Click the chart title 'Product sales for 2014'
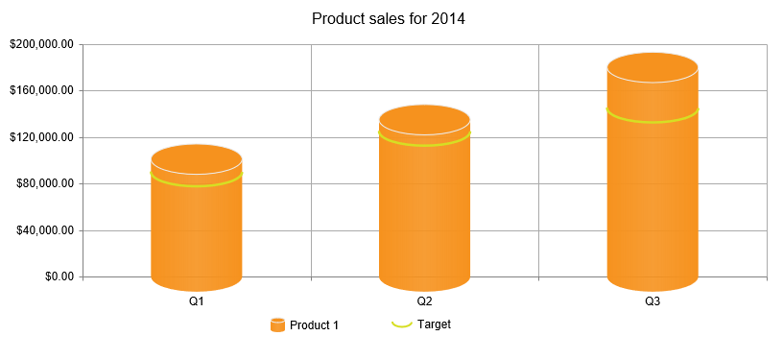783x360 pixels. tap(389, 18)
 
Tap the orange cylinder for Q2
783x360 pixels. tap(424, 211)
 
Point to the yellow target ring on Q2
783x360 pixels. tap(424, 144)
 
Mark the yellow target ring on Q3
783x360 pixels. tap(652, 121)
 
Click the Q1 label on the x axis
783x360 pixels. tap(196, 301)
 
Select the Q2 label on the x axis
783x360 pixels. tap(424, 301)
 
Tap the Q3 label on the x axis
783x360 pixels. tap(652, 301)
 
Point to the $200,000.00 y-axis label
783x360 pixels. tap(41, 44)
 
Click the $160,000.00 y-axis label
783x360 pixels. tap(41, 90)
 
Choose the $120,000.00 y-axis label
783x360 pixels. tap(41, 137)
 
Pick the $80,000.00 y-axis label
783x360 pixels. tap(44, 183)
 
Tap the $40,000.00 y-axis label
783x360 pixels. tap(44, 230)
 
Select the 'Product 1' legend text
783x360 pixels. tap(314, 325)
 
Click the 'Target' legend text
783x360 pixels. tap(434, 324)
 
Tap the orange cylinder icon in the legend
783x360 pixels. tap(277, 325)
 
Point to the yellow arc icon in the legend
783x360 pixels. tap(402, 324)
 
